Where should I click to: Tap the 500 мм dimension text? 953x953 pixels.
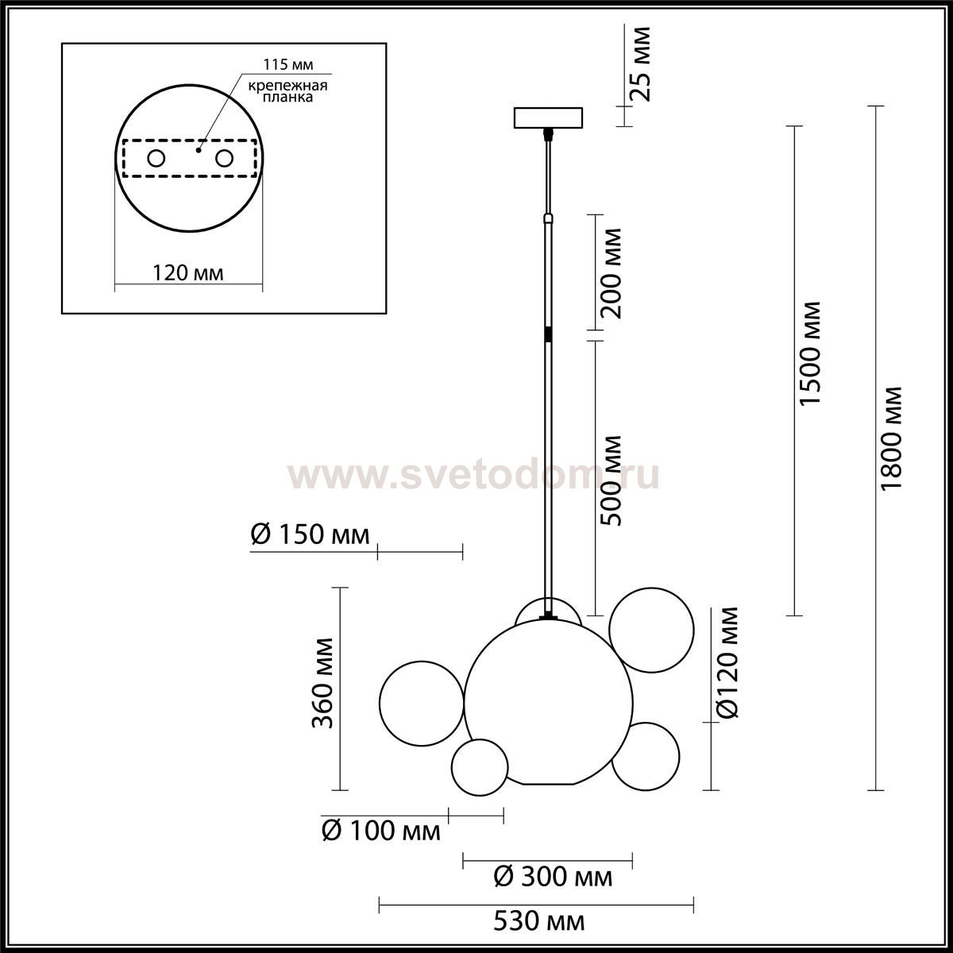[610, 480]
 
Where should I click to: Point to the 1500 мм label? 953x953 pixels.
[810, 353]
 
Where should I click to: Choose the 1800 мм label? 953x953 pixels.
[892, 438]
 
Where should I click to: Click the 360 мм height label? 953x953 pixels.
[323, 684]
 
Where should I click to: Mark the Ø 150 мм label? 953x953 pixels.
[310, 535]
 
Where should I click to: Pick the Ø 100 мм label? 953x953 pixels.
[381, 831]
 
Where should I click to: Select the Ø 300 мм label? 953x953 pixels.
[553, 878]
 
